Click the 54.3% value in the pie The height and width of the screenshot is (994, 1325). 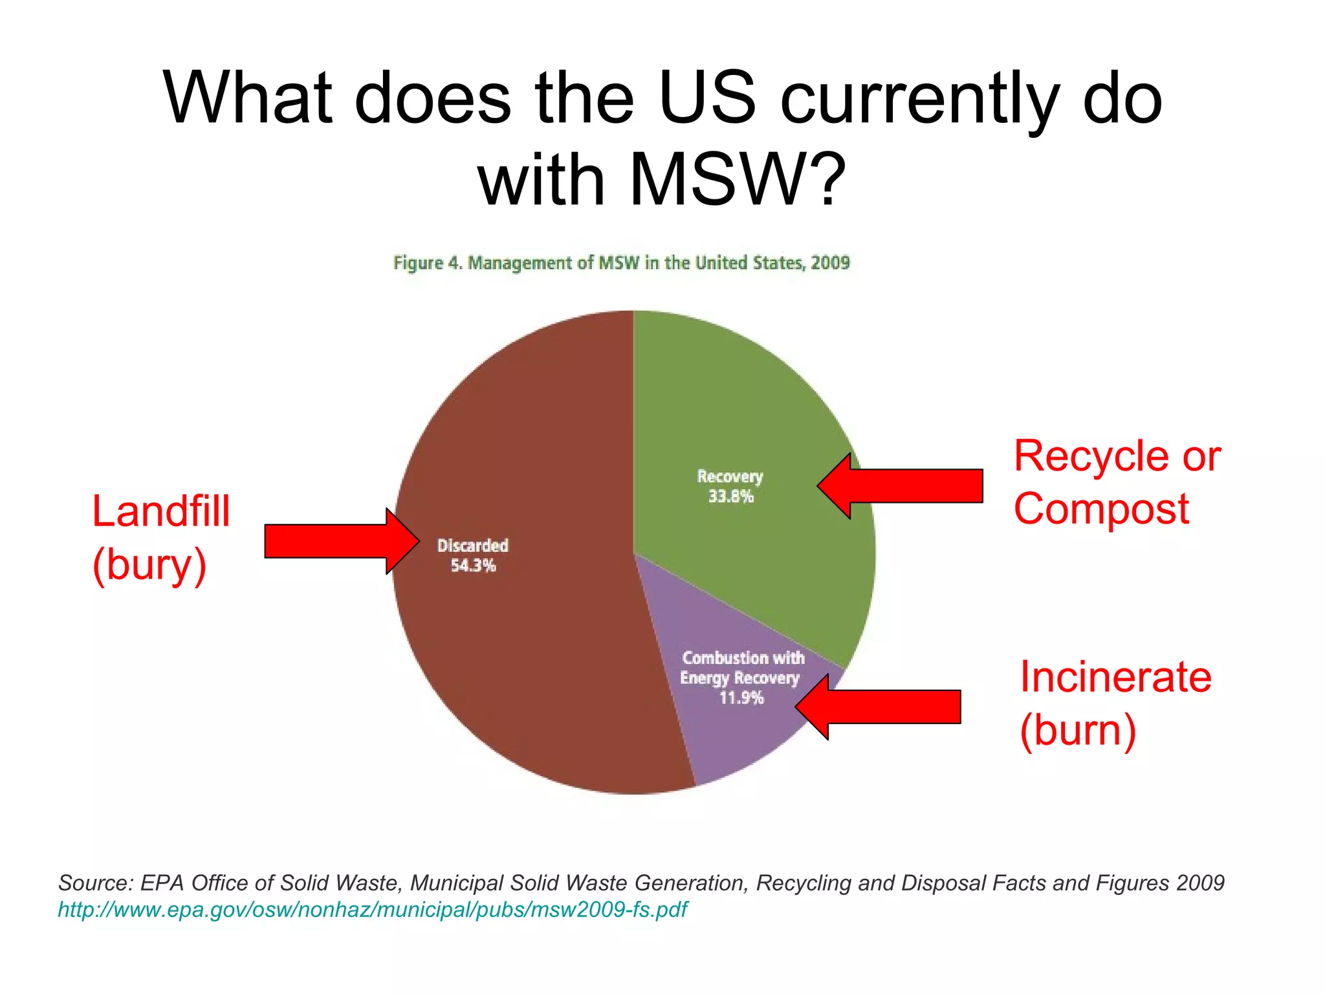pos(473,566)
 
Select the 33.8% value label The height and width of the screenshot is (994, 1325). pos(730,496)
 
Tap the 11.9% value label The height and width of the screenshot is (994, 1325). pos(741,698)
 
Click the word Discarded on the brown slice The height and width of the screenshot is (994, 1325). pos(473,546)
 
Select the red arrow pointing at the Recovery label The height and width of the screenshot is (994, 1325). pos(906,486)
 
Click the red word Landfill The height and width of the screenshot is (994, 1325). pos(161,511)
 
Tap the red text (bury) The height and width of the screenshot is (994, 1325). pos(149,564)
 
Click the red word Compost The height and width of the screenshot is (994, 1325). pos(1101,509)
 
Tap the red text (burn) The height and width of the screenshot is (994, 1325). pos(1078,730)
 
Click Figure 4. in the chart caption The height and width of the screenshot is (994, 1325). pos(427,263)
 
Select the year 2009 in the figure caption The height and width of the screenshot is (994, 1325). pos(830,263)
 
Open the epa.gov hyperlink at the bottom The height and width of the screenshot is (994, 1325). pos(372,909)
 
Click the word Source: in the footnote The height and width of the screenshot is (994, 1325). pos(95,883)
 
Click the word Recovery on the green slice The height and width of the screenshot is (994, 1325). pos(730,477)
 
